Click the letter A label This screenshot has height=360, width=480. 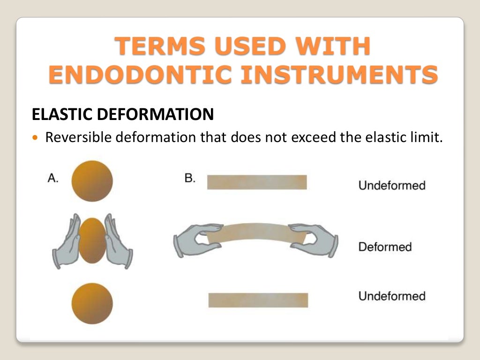53,179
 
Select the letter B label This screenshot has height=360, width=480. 190,179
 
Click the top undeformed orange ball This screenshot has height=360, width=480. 92,181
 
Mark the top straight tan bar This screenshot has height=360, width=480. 257,182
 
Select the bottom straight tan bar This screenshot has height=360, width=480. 258,300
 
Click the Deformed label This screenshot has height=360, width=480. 385,247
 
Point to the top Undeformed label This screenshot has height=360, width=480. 391,186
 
